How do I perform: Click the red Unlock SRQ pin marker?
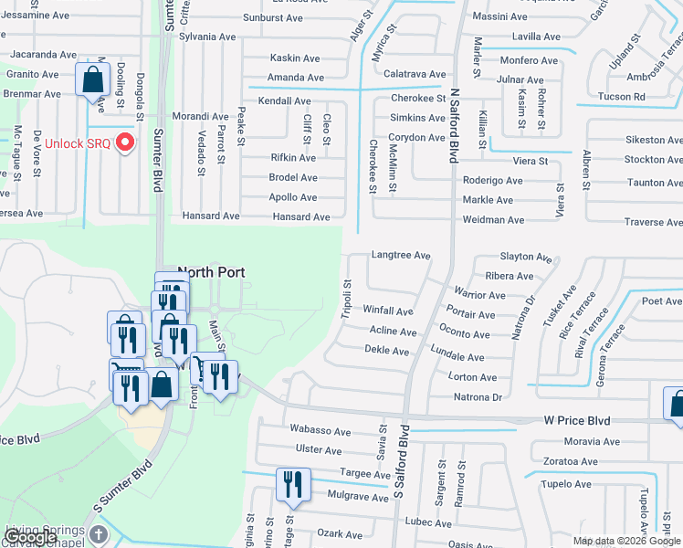[127, 144]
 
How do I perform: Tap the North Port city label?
[213, 272]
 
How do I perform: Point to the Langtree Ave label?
[400, 256]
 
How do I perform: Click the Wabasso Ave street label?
[320, 430]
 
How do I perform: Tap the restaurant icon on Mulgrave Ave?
[291, 483]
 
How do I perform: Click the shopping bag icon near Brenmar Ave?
[93, 79]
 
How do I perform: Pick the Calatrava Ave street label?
[415, 74]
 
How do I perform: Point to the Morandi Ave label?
[201, 117]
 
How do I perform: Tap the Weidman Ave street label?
[494, 220]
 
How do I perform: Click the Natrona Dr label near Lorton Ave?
[478, 397]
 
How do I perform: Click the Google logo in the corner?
[32, 537]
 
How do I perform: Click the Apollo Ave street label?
[292, 197]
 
